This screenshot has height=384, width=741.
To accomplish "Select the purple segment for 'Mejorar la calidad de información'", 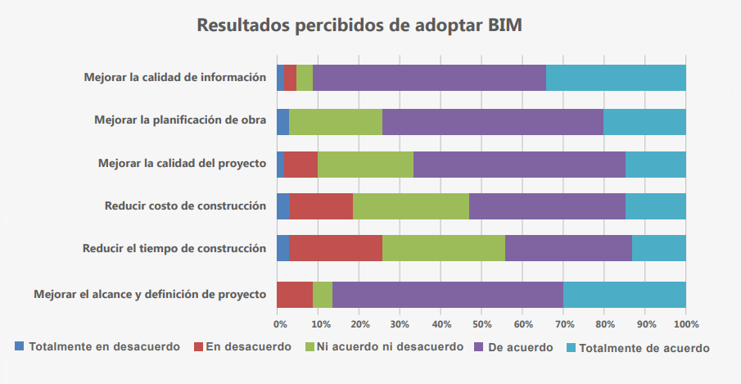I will coord(429,78).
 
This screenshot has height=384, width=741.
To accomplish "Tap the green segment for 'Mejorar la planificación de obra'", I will coord(336,121).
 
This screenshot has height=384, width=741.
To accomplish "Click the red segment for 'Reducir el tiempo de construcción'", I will coord(336,248).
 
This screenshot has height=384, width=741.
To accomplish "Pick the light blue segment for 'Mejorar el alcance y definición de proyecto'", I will coord(624,294).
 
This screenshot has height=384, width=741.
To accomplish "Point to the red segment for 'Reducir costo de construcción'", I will coord(321,206).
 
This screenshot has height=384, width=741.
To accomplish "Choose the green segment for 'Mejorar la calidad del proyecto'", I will coord(365,164).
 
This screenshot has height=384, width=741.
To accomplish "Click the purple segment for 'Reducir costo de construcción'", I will coord(547,206).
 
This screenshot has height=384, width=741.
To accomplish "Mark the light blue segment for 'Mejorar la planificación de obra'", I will coord(644,121).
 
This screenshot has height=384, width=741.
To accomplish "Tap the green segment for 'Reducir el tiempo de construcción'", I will coord(444,248).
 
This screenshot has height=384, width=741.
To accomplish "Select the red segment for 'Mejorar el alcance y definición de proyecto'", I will coord(295,294).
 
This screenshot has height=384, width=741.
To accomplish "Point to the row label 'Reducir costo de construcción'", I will coord(185,206).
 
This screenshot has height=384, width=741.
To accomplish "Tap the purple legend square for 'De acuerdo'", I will coord(479,346).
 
